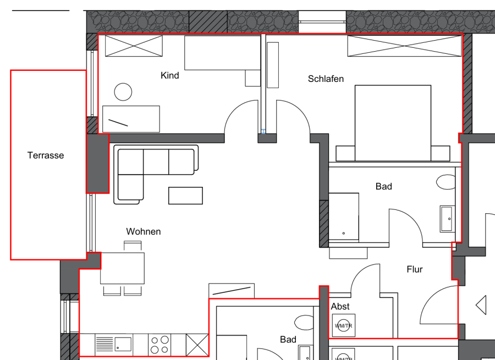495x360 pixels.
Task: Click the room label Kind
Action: pyautogui.click(x=170, y=75)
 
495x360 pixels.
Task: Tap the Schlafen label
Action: pyautogui.click(x=326, y=79)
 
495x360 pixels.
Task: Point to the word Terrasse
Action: pyautogui.click(x=46, y=155)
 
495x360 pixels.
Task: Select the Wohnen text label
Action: pyautogui.click(x=144, y=231)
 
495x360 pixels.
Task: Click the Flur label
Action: pyautogui.click(x=415, y=269)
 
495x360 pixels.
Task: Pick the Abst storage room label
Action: pyautogui.click(x=340, y=306)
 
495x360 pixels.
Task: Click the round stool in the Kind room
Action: pyautogui.click(x=123, y=92)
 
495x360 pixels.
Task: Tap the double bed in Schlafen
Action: pyautogui.click(x=393, y=123)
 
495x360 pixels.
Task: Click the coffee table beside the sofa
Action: pyautogui.click(x=186, y=196)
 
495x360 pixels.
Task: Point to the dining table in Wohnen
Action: pyautogui.click(x=123, y=268)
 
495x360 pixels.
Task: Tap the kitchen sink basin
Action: pyautogui.click(x=123, y=344)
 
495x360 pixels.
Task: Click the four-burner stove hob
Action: pyautogui.click(x=159, y=345)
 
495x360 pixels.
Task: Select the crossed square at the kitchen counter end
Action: pyautogui.click(x=197, y=345)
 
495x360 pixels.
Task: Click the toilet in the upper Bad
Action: pyautogui.click(x=446, y=182)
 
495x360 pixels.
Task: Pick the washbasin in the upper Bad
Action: pyautogui.click(x=447, y=219)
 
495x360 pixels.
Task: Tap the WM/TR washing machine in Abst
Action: pyautogui.click(x=343, y=325)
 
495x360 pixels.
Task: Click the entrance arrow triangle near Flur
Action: pyautogui.click(x=481, y=305)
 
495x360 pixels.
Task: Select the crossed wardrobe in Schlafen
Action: pyautogui.click(x=404, y=46)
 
